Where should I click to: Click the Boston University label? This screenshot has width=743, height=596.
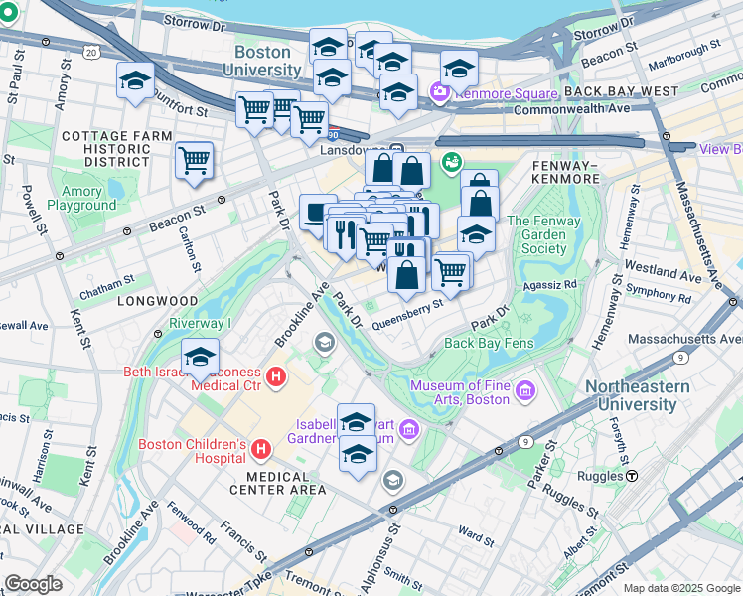click(261, 61)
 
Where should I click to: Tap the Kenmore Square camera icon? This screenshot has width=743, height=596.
click(438, 92)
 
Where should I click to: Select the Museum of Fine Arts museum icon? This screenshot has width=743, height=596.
click(525, 398)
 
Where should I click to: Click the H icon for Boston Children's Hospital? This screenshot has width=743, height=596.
click(261, 450)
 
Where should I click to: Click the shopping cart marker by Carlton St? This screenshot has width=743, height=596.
click(195, 160)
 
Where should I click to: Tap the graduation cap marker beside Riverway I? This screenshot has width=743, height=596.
click(200, 357)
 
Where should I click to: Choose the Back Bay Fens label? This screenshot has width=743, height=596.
click(489, 343)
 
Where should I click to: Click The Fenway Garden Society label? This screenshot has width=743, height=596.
click(550, 234)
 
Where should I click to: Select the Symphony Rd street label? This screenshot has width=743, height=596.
click(651, 296)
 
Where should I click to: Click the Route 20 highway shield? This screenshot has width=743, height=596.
click(92, 51)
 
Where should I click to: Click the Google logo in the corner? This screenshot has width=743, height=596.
click(34, 584)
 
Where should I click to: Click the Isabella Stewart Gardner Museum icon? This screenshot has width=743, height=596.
click(409, 429)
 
